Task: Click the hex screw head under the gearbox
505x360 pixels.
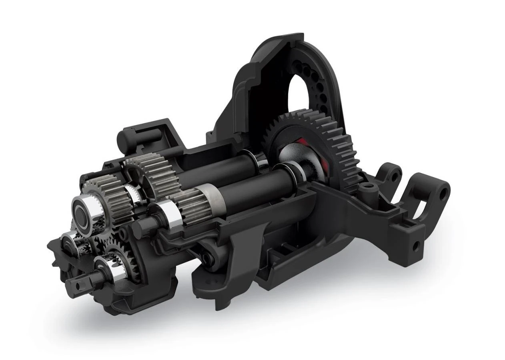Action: pos(206,260)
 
